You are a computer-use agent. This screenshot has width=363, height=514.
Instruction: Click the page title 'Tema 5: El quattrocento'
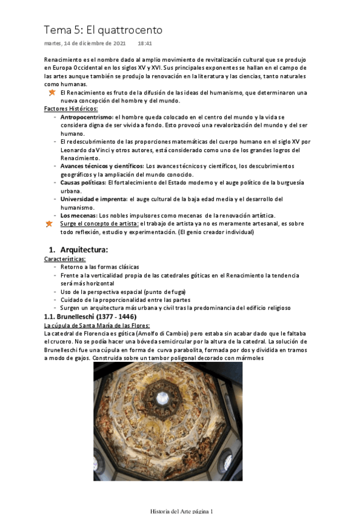point(103,30)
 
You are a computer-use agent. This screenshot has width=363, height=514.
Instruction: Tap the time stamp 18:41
point(145,44)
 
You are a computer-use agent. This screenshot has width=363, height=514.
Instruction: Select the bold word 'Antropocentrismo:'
point(86,116)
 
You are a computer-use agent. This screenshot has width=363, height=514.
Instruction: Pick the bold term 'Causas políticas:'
point(84,182)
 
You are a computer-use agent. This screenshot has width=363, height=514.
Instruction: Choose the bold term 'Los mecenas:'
point(79,215)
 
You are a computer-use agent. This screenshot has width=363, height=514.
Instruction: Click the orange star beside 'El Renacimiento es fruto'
point(52,92)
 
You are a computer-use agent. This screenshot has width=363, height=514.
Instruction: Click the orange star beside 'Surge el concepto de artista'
point(49,224)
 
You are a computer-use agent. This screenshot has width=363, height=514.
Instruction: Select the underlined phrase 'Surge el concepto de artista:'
point(99,224)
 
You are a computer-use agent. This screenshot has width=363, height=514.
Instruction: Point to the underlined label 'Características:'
point(65,259)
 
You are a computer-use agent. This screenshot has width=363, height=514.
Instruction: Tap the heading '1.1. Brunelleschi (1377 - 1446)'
point(90,316)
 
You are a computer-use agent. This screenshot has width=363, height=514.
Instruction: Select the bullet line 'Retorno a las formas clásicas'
point(100,267)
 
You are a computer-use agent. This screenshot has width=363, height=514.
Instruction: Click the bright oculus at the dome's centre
point(162,397)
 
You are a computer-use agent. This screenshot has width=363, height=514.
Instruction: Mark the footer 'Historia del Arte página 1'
point(182,511)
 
